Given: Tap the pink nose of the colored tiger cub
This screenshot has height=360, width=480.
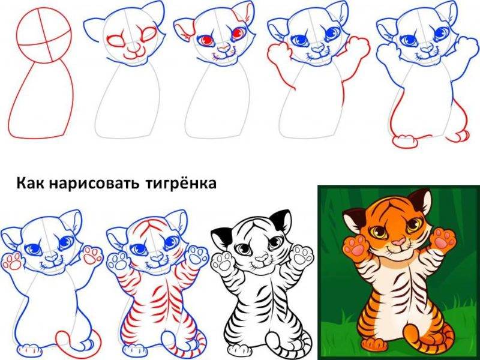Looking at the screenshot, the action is tap(398, 243).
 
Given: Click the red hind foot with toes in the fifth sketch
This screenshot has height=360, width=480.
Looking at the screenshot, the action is tap(403, 142).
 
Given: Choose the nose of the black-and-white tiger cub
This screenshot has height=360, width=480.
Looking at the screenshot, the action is tap(260, 259).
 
